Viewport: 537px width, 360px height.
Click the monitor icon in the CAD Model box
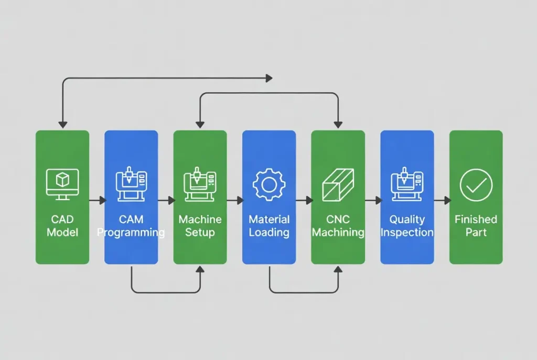(62, 183)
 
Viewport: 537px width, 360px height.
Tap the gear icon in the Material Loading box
(268, 184)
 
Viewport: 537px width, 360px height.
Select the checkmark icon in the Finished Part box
(476, 184)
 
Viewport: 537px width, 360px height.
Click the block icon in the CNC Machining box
(338, 184)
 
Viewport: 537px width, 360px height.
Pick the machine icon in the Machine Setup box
(200, 184)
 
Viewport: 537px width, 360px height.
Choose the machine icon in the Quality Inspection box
(407, 184)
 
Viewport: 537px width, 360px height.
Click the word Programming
(131, 232)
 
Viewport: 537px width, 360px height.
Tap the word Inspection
(407, 232)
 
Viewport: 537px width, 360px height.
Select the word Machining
(338, 232)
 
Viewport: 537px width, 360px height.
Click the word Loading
(268, 232)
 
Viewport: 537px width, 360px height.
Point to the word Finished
(476, 219)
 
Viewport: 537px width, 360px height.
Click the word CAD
(62, 219)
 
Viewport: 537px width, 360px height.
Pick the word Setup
(200, 232)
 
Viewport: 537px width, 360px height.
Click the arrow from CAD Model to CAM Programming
(98, 200)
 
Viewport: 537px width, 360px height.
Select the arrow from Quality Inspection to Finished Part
(442, 200)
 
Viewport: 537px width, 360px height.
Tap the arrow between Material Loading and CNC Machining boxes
(304, 200)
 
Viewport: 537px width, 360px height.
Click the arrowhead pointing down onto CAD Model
(62, 125)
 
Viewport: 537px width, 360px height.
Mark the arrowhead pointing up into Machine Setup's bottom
(200, 269)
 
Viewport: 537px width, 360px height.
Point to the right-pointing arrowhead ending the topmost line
(269, 78)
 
